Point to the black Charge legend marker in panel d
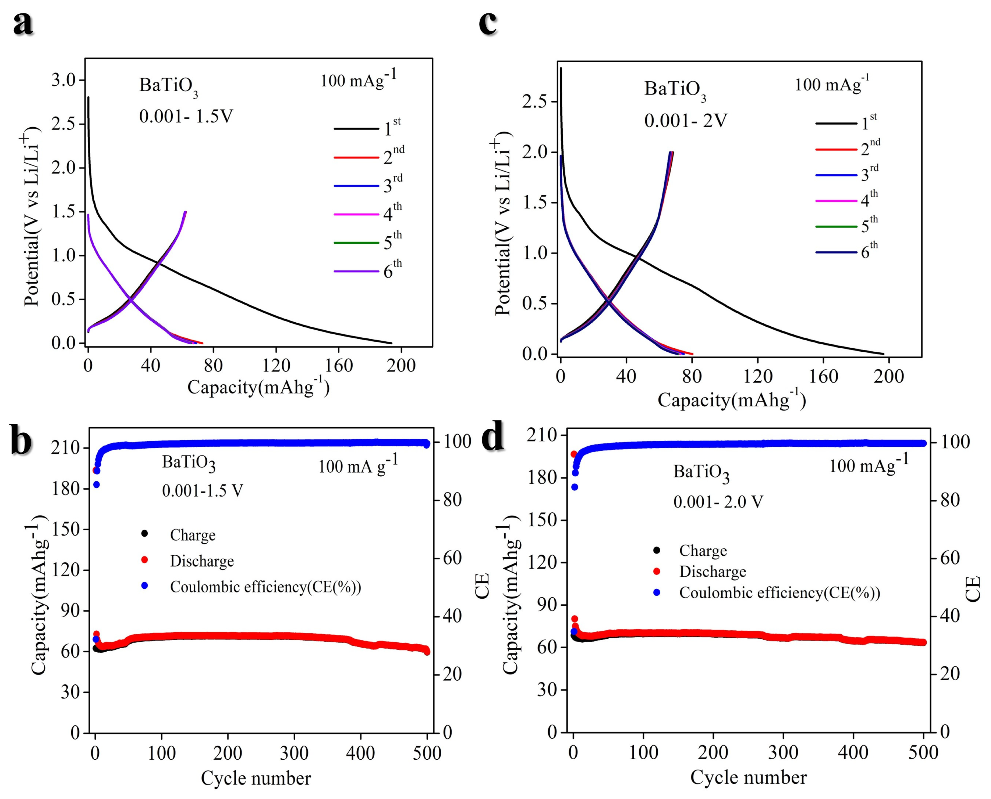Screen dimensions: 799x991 pyautogui.click(x=657, y=550)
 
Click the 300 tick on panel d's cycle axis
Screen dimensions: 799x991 pyautogui.click(x=783, y=753)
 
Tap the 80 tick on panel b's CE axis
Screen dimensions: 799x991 pyautogui.click(x=452, y=500)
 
